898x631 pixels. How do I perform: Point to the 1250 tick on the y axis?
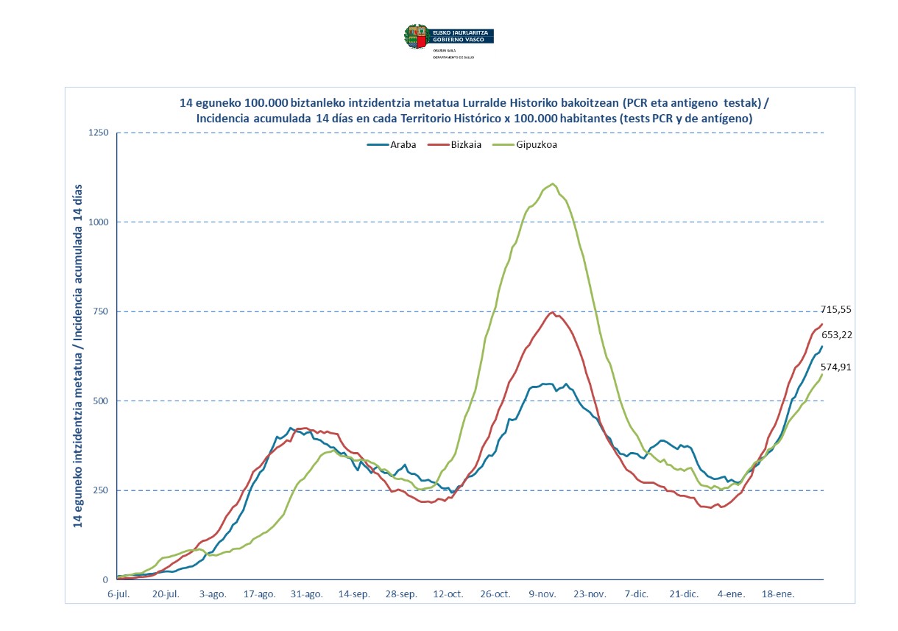coord(99,133)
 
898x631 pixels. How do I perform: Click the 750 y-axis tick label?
coord(101,311)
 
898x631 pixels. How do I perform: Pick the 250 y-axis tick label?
coord(101,490)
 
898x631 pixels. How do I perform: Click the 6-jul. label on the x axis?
coord(118,593)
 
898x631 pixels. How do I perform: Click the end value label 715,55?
coord(836,310)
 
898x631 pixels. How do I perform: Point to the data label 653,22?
coord(836,335)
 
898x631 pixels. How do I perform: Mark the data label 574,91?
coord(836,367)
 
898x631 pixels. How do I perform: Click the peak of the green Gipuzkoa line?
coord(552,184)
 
